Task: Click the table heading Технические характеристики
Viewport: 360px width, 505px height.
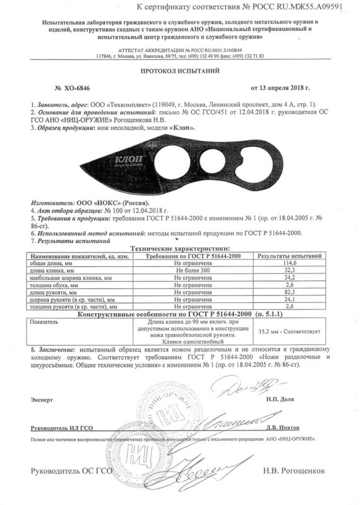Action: click(179, 249)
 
